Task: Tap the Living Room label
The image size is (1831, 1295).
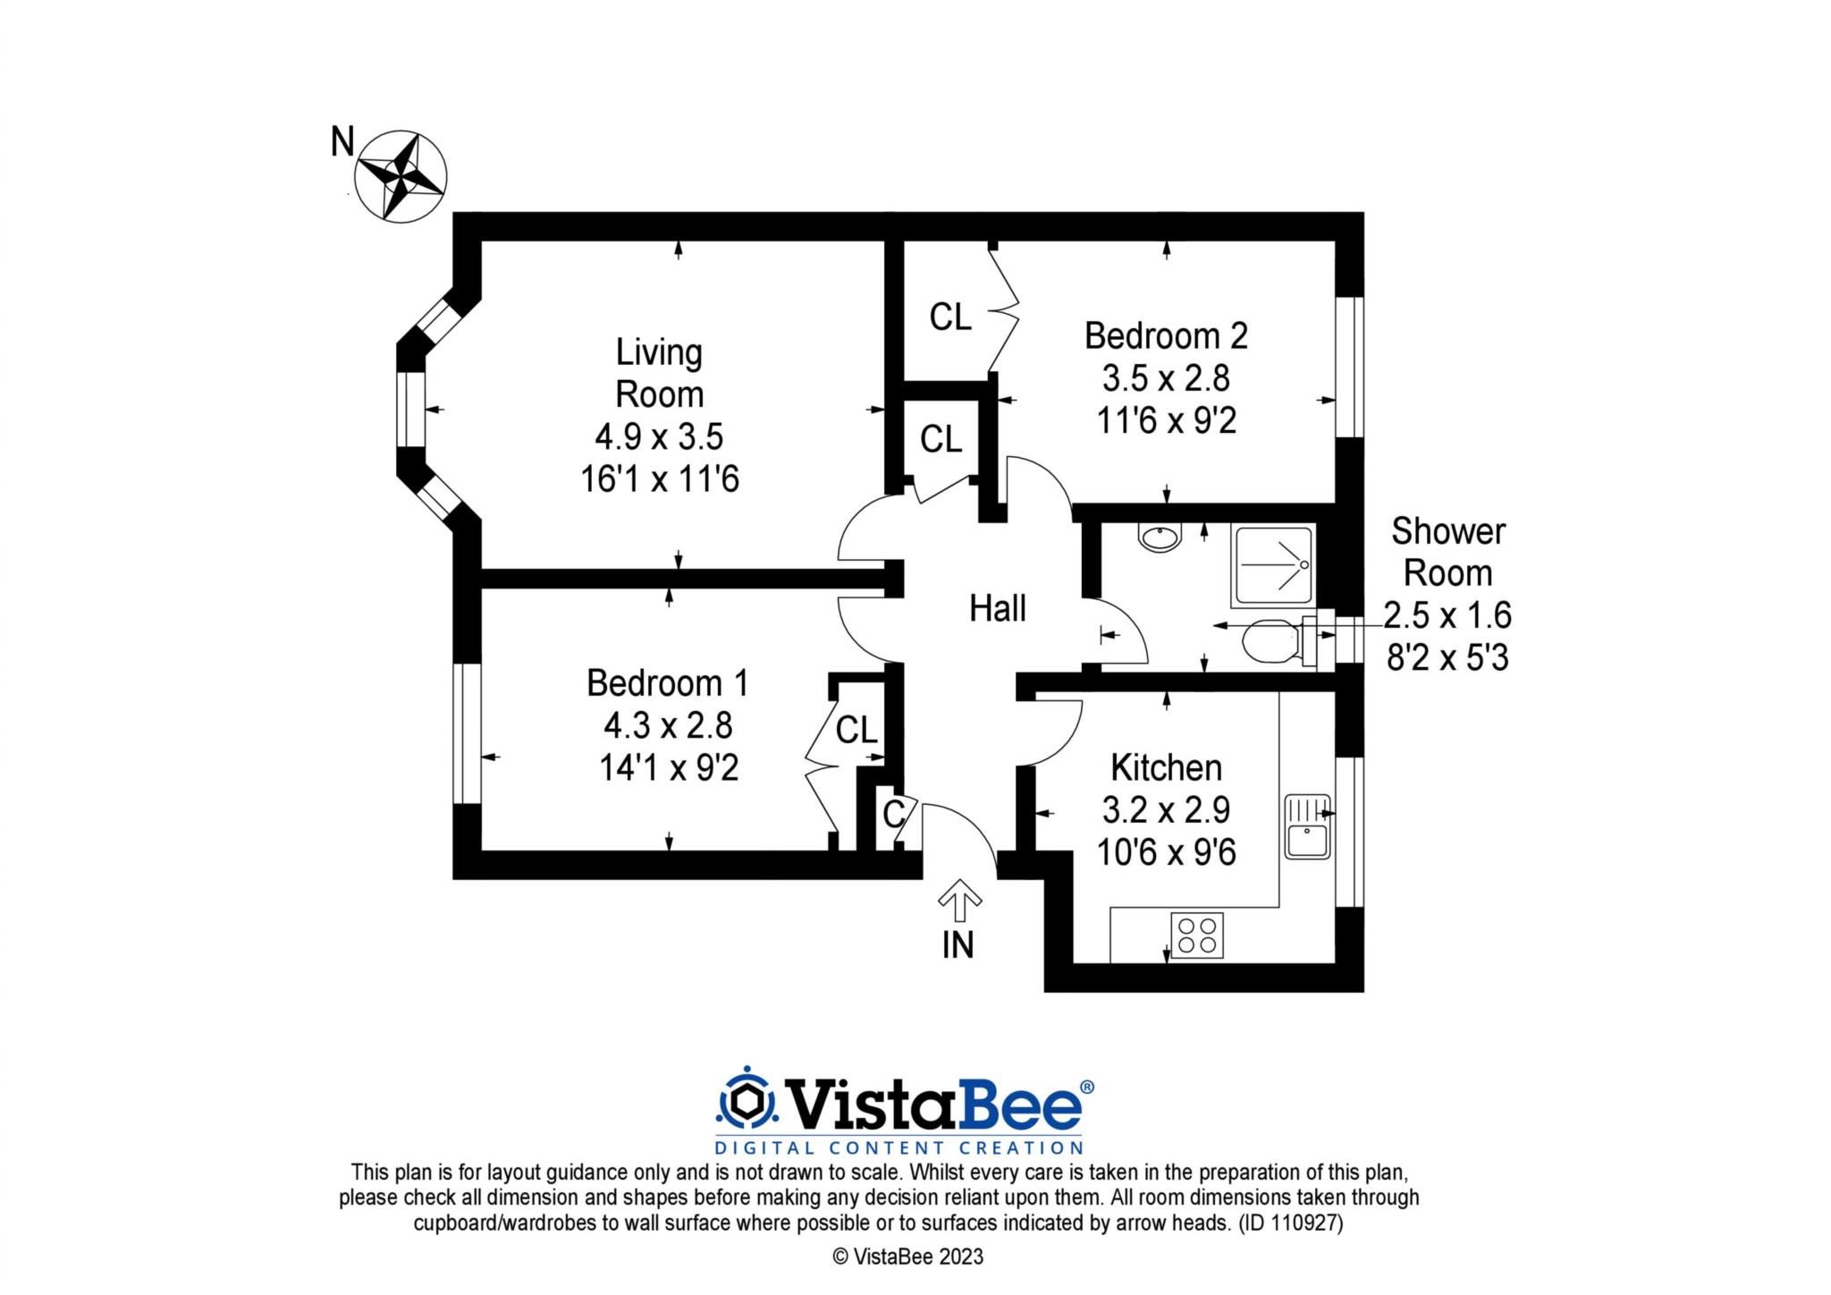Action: click(x=659, y=373)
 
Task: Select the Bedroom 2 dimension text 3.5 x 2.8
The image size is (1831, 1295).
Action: click(x=1166, y=378)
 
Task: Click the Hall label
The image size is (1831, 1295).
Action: click(x=997, y=609)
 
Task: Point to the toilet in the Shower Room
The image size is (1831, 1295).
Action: click(x=1270, y=641)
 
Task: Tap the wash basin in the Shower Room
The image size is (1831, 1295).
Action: click(x=1160, y=538)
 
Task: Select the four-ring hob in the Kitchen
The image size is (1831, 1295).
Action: click(x=1196, y=935)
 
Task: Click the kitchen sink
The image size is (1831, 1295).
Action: click(x=1307, y=826)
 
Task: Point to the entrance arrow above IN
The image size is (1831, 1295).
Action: click(x=959, y=900)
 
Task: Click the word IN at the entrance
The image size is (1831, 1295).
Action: click(x=958, y=945)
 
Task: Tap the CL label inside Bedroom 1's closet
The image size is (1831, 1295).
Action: click(x=856, y=731)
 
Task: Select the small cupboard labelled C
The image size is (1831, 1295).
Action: click(x=893, y=814)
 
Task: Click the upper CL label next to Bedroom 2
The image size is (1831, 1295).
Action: click(x=949, y=317)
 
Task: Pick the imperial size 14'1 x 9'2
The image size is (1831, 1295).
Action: click(x=668, y=768)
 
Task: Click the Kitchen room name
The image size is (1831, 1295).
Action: click(x=1166, y=767)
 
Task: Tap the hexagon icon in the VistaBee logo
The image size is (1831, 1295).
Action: click(x=746, y=1102)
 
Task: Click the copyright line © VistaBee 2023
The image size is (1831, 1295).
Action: click(x=907, y=1257)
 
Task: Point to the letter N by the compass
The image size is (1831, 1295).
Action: click(x=342, y=141)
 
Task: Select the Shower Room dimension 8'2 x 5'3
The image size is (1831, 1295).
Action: click(x=1447, y=658)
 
